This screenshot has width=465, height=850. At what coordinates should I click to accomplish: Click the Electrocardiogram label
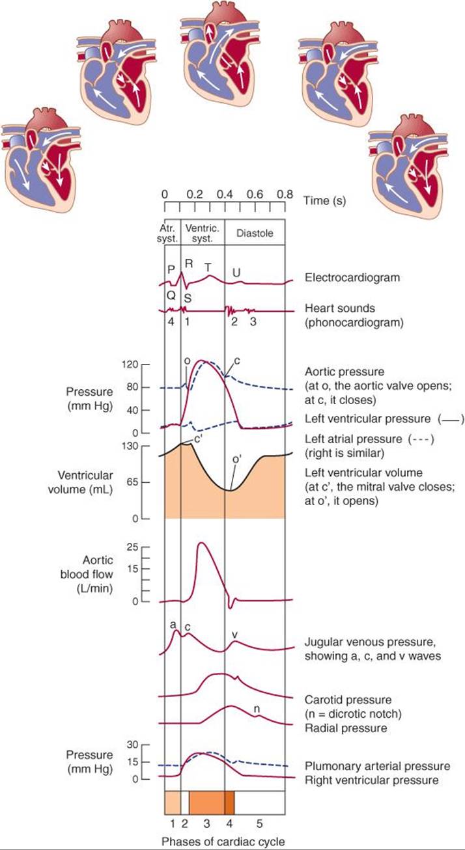[x=352, y=277]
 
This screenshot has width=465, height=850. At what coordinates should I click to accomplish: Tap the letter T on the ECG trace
[x=208, y=267]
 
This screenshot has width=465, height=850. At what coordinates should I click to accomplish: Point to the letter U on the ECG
[x=236, y=273]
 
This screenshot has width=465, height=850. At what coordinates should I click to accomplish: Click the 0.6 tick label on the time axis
[x=255, y=195]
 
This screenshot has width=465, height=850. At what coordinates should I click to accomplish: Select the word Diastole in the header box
[x=255, y=233]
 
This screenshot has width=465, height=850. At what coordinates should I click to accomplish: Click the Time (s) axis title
[x=324, y=200]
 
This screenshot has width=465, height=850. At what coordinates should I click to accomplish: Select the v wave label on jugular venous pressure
[x=234, y=635]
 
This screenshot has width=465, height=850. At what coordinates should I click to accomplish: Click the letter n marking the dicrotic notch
[x=257, y=709]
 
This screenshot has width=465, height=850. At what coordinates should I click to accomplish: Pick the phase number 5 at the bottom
[x=259, y=823]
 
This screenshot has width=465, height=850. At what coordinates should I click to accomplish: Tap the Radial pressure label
[x=346, y=728]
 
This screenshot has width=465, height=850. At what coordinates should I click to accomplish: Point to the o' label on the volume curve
[x=237, y=459]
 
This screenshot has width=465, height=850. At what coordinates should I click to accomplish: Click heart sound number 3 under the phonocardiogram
[x=253, y=322]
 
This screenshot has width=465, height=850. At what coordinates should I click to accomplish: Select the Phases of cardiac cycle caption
[x=223, y=842]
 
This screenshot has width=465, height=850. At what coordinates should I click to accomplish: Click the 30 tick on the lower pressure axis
[x=132, y=745]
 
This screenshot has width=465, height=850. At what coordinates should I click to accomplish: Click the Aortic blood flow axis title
[x=87, y=574]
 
